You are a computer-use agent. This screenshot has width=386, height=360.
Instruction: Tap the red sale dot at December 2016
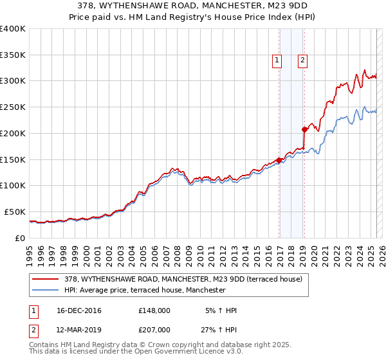[279, 160]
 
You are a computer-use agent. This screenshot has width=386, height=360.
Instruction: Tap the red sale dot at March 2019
[304, 129]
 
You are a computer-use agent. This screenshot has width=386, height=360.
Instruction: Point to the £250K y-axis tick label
[13, 107]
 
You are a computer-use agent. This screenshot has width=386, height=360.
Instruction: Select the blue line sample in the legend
[46, 290]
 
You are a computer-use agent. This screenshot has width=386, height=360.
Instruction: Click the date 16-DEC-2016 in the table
[79, 310]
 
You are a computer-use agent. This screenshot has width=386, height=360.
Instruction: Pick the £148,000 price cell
[154, 310]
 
